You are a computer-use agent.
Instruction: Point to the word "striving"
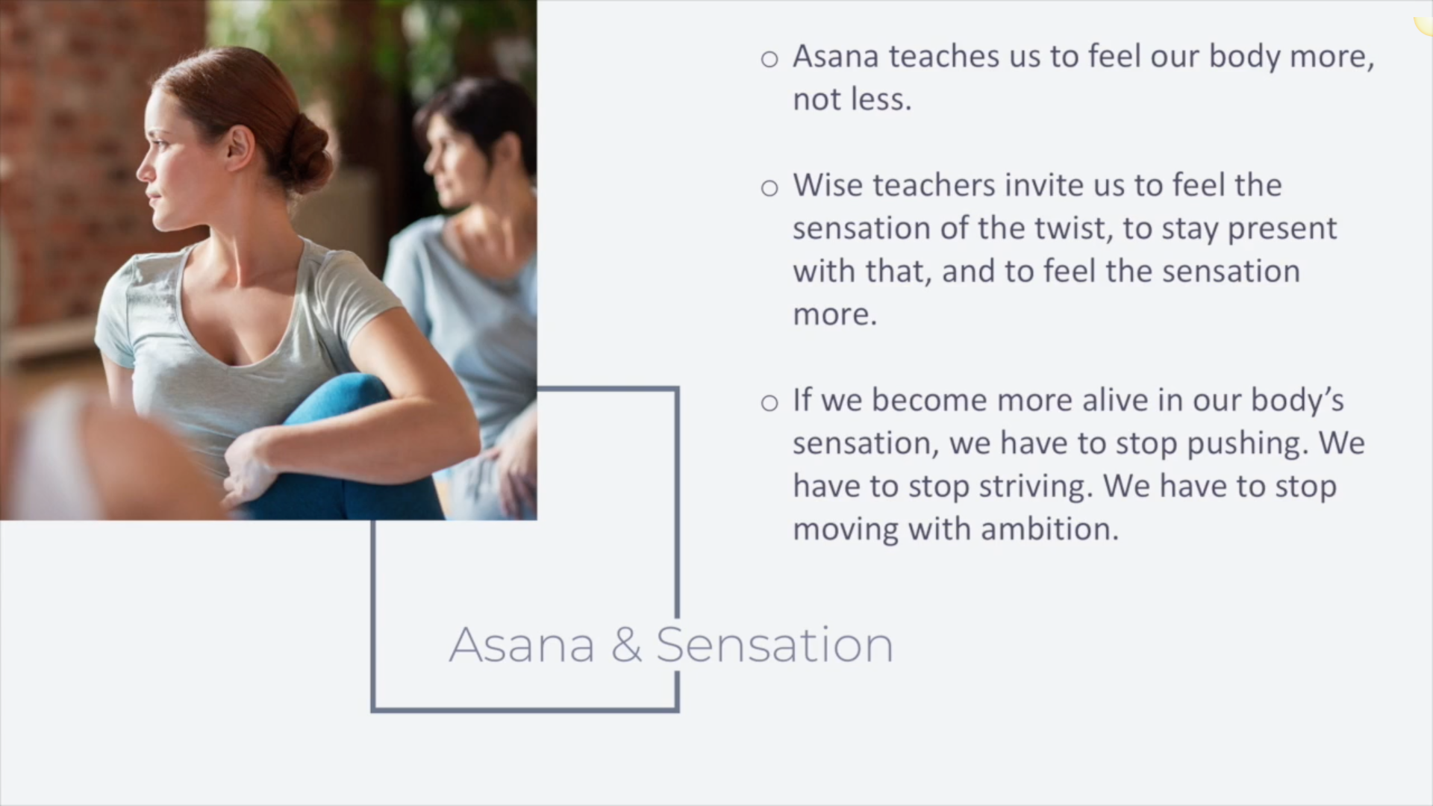(1036, 487)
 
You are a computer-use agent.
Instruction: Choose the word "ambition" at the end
(1050, 529)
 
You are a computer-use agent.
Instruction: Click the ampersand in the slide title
(626, 645)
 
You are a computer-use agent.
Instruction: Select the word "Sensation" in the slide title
(775, 645)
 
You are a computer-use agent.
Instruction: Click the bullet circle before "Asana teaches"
(769, 59)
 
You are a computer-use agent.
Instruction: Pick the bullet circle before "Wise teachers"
(769, 187)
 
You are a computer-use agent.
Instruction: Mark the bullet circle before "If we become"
(769, 403)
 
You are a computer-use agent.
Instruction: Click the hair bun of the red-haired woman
(305, 154)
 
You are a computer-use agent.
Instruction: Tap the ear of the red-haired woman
(240, 147)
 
